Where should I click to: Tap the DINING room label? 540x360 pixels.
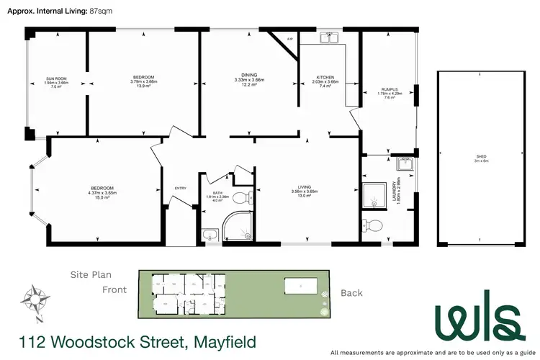pos(249,74)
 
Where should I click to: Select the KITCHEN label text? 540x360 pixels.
pos(326,78)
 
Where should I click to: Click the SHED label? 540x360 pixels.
pos(480,156)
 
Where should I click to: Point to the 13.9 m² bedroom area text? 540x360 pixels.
pos(143,86)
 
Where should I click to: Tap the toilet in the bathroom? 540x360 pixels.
pos(243,197)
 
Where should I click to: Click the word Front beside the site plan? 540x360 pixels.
pos(114,289)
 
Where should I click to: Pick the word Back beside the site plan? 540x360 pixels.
pos(351,293)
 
